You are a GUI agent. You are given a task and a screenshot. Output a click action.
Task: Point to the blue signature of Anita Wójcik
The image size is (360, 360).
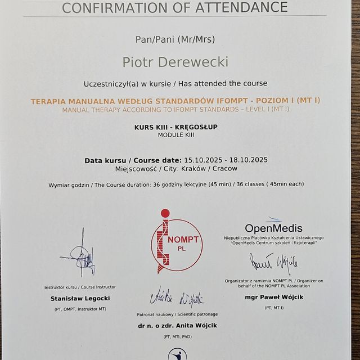[x=176, y=298]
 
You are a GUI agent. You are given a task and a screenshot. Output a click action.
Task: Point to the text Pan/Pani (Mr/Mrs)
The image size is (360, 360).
[x=175, y=39]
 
